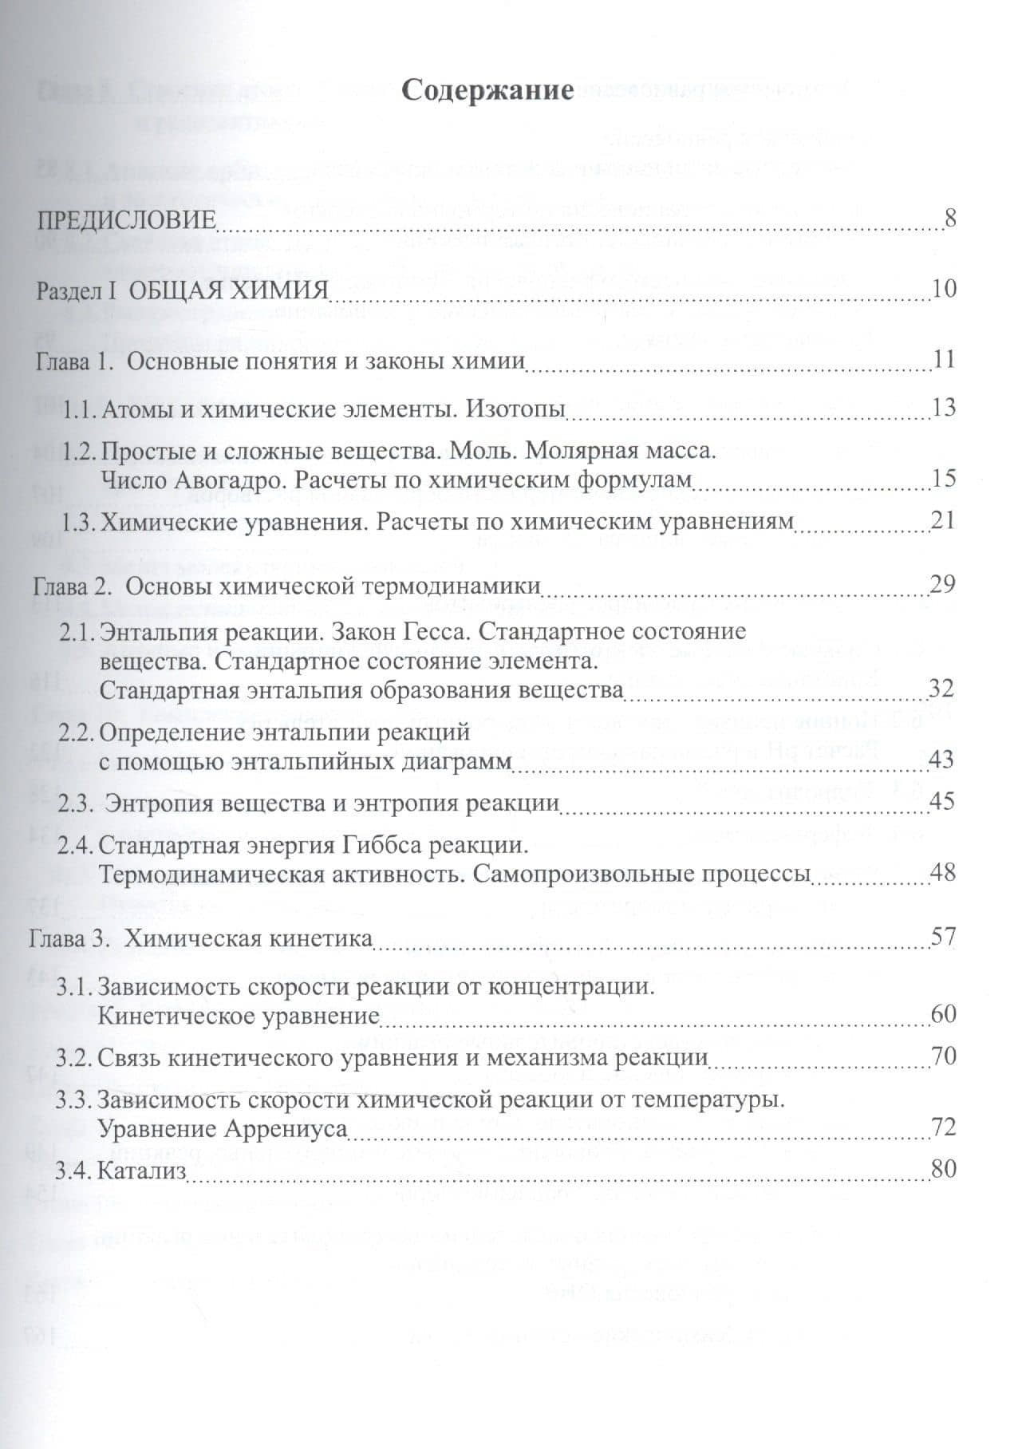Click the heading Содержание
coord(487,89)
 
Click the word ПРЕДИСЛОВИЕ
coord(126,219)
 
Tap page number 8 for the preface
coord(949,217)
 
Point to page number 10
coord(943,288)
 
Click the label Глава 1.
coord(73,360)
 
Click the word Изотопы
coord(515,409)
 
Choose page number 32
coord(943,688)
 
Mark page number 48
coord(943,871)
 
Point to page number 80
coord(943,1169)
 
